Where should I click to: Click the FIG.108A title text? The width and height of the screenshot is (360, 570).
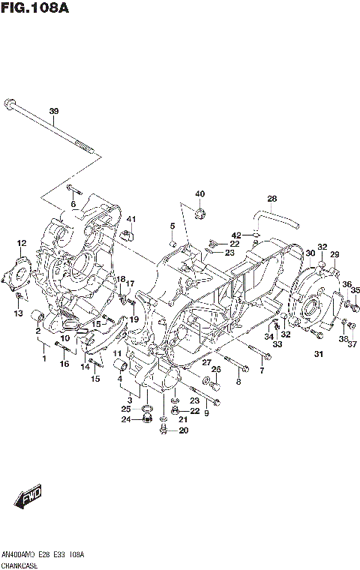point(36,9)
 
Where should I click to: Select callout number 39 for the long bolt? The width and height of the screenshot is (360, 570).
point(53,112)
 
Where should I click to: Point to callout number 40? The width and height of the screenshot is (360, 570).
point(200,194)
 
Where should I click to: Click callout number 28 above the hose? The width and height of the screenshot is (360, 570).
point(272,199)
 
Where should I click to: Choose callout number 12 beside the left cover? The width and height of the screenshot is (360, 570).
point(22,243)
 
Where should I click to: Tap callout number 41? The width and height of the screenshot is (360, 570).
point(130,219)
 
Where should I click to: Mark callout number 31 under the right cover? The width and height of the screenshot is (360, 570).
point(319,354)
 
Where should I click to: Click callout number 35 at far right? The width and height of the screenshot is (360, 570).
point(355,290)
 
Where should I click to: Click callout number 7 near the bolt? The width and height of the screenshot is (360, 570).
point(261,370)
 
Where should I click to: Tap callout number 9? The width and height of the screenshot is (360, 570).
point(206,413)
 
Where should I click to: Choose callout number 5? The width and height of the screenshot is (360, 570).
point(172,226)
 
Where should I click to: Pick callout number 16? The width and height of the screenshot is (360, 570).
point(64,364)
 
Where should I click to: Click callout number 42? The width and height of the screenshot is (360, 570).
point(235,235)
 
